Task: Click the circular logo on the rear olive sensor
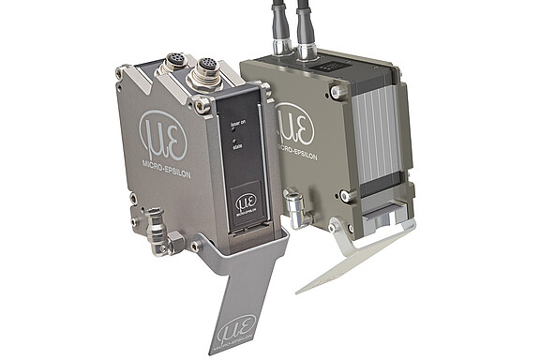[292, 127]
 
